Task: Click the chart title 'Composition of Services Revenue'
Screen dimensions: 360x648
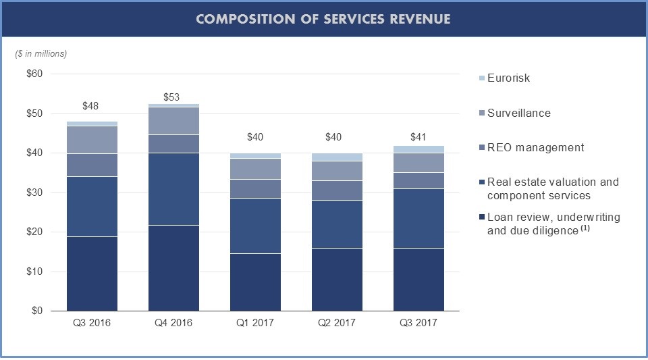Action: point(323,19)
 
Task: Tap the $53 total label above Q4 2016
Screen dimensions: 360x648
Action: point(172,97)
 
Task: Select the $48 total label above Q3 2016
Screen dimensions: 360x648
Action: point(90,106)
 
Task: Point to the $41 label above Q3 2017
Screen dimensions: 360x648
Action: point(419,137)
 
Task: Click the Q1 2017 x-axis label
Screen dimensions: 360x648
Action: point(255,323)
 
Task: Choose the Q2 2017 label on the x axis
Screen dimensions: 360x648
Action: point(337,323)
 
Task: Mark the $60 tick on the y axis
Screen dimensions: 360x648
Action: point(34,74)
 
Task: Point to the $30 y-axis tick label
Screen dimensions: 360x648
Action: point(34,192)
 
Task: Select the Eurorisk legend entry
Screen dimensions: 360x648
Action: point(508,78)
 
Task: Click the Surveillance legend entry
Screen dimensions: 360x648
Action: point(518,113)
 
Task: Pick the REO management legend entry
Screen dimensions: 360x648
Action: point(535,148)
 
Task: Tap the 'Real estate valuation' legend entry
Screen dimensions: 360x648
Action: point(552,188)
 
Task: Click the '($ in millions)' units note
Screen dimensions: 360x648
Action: point(41,53)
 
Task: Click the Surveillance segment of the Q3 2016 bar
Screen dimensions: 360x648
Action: point(91,140)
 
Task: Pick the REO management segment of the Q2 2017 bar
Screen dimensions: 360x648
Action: point(337,190)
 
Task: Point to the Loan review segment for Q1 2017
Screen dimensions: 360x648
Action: point(255,282)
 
